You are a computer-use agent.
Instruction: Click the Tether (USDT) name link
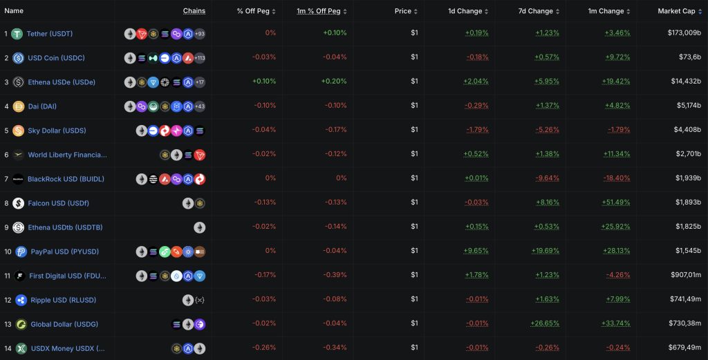click(50, 34)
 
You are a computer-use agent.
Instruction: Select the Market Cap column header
click(676, 11)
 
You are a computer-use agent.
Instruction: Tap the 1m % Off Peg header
click(318, 11)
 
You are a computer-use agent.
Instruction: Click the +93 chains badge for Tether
click(200, 34)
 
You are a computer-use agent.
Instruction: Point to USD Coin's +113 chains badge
click(200, 58)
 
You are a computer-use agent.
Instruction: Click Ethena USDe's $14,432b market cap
click(686, 82)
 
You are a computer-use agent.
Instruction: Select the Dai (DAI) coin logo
click(19, 106)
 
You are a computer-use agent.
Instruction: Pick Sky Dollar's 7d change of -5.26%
click(547, 130)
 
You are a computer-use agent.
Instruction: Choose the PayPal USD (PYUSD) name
click(64, 252)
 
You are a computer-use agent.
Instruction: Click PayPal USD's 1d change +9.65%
click(476, 251)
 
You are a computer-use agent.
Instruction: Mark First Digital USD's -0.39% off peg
click(335, 275)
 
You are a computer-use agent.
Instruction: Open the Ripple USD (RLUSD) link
click(63, 300)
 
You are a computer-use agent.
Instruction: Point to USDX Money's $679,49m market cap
click(685, 348)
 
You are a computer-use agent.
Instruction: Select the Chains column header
click(194, 11)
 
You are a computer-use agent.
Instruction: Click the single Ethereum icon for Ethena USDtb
click(200, 227)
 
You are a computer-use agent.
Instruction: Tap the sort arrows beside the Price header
click(416, 11)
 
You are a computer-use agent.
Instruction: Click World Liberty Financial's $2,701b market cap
click(688, 154)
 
